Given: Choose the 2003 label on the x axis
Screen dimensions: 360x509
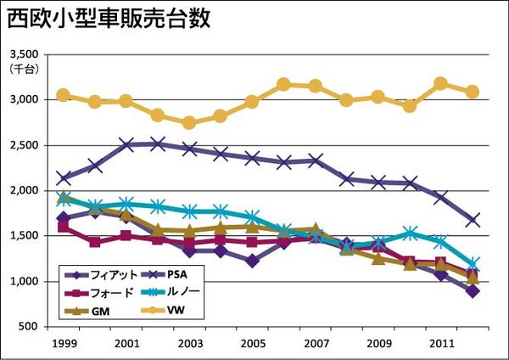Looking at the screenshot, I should tap(189, 346).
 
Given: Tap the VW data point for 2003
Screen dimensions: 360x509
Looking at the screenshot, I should tap(189, 122).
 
